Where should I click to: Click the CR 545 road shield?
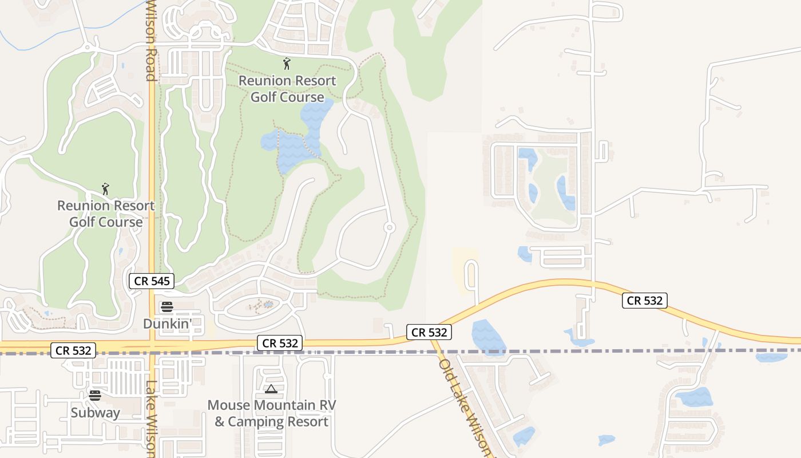151,281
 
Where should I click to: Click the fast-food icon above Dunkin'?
166,307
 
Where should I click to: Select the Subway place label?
96,413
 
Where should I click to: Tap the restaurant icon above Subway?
95,395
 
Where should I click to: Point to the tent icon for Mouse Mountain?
271,389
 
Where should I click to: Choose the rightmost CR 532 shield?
645,301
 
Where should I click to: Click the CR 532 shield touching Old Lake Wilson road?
430,332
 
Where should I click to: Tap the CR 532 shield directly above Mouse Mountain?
280,343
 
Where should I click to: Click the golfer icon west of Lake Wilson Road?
105,188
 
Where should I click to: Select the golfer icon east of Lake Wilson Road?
287,64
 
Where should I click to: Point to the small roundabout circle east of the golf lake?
389,228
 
